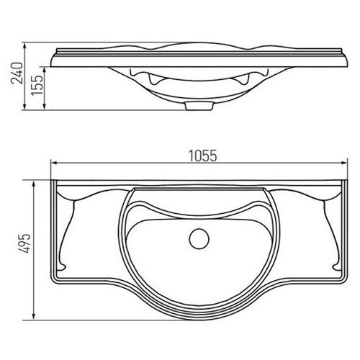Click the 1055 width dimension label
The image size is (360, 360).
pyautogui.click(x=203, y=156)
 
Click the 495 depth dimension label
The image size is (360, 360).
pyautogui.click(x=24, y=243)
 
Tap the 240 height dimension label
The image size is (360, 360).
pyautogui.click(x=17, y=73)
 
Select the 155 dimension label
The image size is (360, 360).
pyautogui.click(x=37, y=86)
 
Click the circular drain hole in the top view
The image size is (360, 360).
pyautogui.click(x=199, y=239)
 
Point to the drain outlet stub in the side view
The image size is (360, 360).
pyautogui.click(x=199, y=106)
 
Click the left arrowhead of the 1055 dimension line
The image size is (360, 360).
pyautogui.click(x=54, y=163)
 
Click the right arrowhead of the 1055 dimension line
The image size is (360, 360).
pyautogui.click(x=345, y=163)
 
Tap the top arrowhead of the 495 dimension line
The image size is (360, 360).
pyautogui.click(x=34, y=184)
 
